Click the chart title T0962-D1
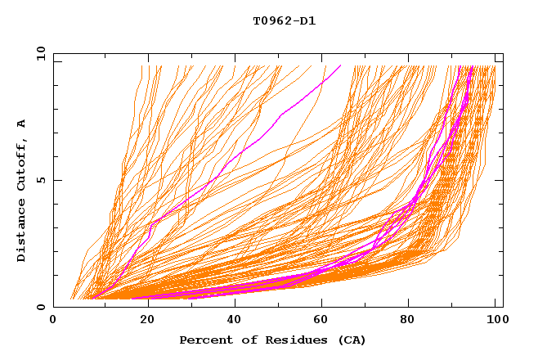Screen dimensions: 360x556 pyautogui.click(x=284, y=21)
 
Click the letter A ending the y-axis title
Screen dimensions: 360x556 pyautogui.click(x=21, y=123)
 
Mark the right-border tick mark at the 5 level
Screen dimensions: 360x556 pyautogui.click(x=500, y=180)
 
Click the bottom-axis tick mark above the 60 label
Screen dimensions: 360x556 pyautogui.click(x=320, y=304)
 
